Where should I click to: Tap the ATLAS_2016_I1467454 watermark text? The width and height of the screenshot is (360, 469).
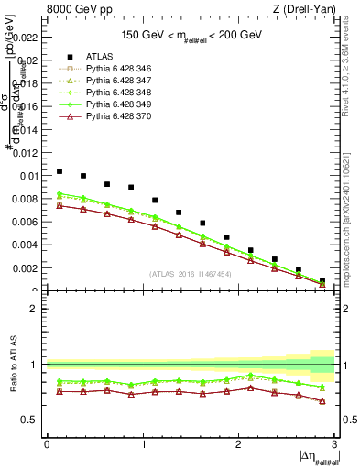pos(191,274)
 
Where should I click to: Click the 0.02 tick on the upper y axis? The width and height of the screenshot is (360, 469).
pos(28,61)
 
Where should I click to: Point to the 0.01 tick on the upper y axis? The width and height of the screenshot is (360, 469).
pos(28,176)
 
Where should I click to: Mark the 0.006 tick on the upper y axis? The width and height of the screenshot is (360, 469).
pos(27,222)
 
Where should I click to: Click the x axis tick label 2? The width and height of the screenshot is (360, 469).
pos(238,443)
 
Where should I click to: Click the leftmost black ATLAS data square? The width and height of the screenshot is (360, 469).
pos(60,171)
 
